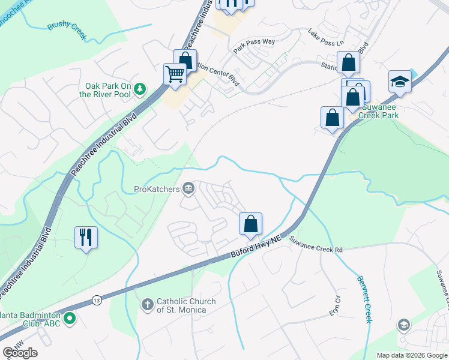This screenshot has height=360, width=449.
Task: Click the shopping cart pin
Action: pos(175,75)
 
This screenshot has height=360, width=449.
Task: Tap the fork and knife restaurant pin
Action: pos(86,237)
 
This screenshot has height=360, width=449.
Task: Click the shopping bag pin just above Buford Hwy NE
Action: pos(251,224)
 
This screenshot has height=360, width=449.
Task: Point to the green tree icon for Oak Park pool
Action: pos(140,89)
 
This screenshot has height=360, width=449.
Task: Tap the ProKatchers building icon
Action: pos(188,189)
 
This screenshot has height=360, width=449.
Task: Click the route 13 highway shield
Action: pos(96,299)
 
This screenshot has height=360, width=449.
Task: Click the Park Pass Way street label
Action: pos(254,46)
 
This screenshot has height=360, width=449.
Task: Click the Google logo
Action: pos(20,353)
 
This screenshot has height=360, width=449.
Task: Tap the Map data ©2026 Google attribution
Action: pos(411,355)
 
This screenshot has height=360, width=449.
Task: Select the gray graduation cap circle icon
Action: pos(404,325)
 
